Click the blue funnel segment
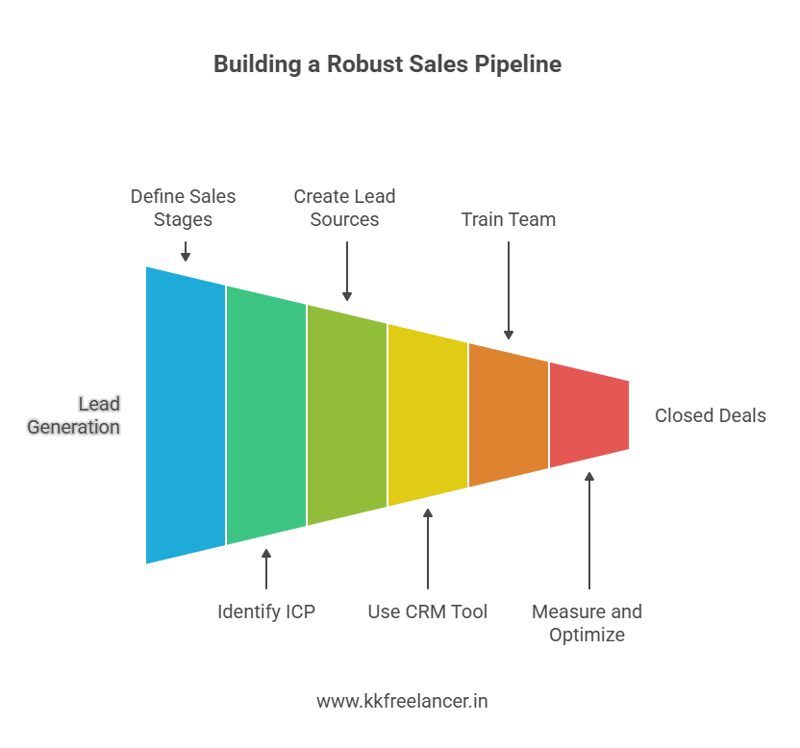186,414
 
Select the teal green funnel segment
266,414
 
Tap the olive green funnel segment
347,414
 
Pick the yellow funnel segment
428,414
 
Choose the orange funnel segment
509,414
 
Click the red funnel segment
588,414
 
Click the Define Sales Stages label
183,208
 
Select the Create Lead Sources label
344,208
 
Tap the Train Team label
508,219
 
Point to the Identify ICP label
266,611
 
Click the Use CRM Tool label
428,611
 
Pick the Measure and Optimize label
587,623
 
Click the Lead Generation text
75,415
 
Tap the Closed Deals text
711,415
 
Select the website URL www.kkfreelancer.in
402,701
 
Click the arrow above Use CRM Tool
428,548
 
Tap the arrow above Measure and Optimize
589,529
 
